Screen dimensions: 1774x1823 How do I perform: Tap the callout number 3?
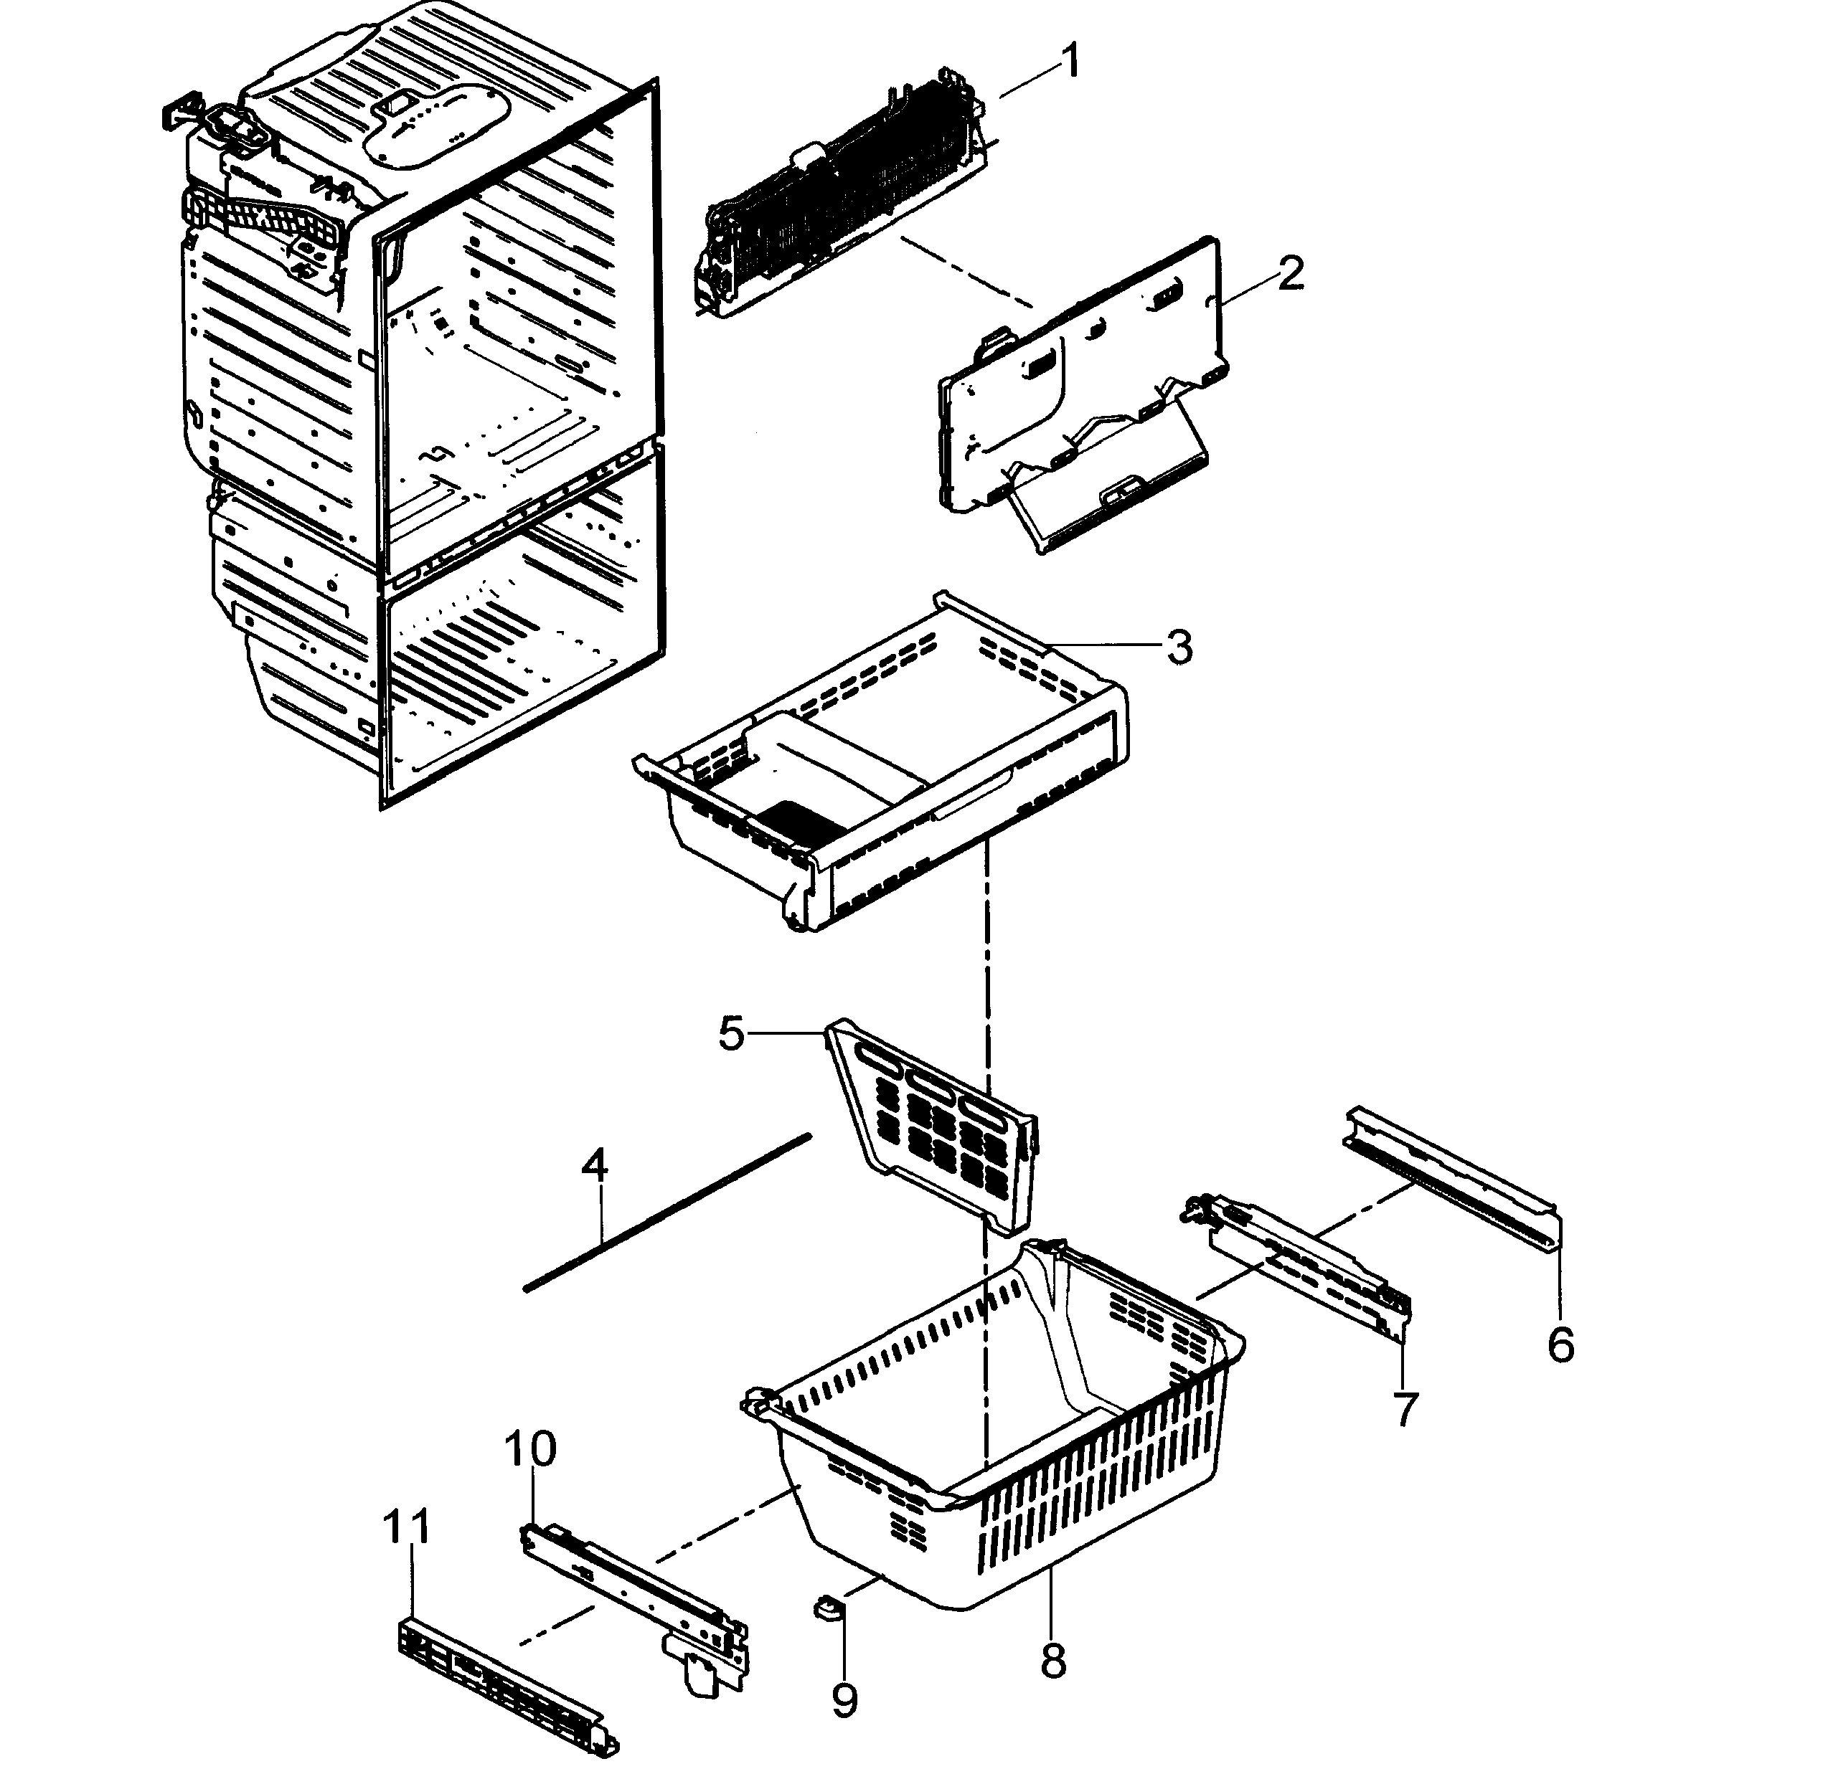tap(1179, 647)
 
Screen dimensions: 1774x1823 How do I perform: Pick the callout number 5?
tap(732, 1033)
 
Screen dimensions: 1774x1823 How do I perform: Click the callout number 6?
tap(1560, 1344)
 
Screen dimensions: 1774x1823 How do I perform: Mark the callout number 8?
tap(1052, 1661)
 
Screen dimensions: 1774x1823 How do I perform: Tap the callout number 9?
tap(844, 1702)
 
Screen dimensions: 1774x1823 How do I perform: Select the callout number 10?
tap(530, 1449)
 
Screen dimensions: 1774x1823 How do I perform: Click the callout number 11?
tap(408, 1527)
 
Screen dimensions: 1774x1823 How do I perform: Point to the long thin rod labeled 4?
tap(666, 1210)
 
